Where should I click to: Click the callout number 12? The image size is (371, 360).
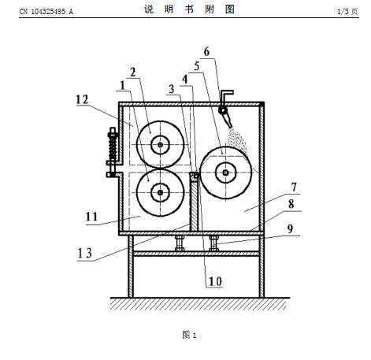click(x=82, y=99)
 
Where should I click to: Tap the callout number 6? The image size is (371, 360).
click(x=207, y=52)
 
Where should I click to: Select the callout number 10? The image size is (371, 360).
click(x=215, y=281)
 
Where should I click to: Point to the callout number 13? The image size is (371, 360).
click(x=85, y=254)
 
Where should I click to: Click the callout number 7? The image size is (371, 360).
click(x=294, y=187)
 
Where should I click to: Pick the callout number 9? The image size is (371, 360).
click(x=290, y=229)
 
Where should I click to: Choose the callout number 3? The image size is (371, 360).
click(x=172, y=89)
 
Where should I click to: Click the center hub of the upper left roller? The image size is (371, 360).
click(x=160, y=145)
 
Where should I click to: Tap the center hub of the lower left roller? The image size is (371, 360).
click(x=161, y=193)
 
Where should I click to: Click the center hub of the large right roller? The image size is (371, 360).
click(x=225, y=173)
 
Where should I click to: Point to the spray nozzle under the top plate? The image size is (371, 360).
click(x=226, y=116)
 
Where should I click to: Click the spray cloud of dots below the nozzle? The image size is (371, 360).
click(x=237, y=141)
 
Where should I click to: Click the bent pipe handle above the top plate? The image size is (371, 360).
click(x=226, y=95)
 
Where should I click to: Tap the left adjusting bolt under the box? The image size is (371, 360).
click(x=180, y=243)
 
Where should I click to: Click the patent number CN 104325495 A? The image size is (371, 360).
click(x=46, y=12)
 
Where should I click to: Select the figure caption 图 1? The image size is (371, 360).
click(x=189, y=335)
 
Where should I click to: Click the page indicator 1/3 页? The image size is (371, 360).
click(x=347, y=11)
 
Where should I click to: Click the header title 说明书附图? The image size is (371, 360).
click(x=189, y=9)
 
